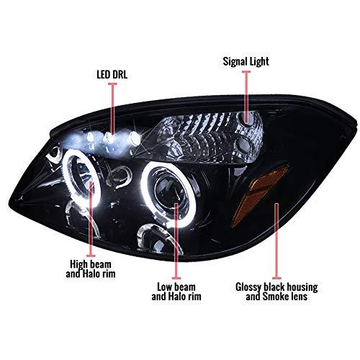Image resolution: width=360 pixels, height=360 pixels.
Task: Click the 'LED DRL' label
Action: [x=112, y=75]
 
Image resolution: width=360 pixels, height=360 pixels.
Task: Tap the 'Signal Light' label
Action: [x=246, y=61]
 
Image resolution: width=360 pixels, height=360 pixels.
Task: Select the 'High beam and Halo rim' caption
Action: [x=91, y=269]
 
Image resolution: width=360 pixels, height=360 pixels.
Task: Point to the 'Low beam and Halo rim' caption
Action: [x=176, y=292]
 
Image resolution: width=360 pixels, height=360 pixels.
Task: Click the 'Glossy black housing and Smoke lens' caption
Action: [x=276, y=292]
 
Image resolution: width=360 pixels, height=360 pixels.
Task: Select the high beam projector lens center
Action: [x=81, y=178]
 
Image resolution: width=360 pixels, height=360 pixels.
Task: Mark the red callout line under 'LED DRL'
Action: [x=112, y=109]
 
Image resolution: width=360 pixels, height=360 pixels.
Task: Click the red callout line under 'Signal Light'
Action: [x=246, y=96]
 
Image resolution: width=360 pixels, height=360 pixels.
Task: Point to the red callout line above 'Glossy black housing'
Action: [x=276, y=241]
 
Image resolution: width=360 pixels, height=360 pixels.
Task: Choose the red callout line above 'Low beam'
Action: [x=176, y=241]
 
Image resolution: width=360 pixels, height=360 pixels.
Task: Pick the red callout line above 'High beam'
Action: [x=91, y=219]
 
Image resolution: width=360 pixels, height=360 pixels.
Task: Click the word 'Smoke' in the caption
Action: [x=275, y=297]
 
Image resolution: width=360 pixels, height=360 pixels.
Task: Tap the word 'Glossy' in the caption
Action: [x=248, y=287]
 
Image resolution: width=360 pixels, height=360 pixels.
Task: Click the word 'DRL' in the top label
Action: [x=120, y=75]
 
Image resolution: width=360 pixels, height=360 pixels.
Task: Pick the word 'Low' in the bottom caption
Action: [x=164, y=287]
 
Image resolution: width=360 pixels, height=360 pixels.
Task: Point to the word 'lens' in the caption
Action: [x=299, y=297]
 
